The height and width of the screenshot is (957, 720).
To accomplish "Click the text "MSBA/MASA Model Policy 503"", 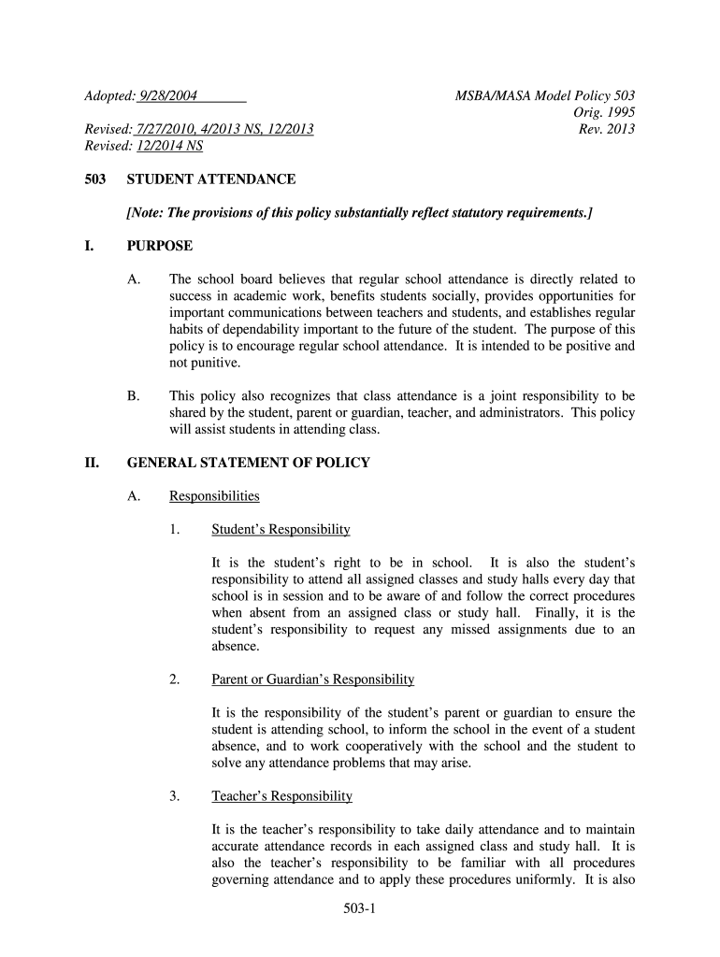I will click(x=545, y=95).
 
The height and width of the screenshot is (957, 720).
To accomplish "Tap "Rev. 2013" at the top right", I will click(x=607, y=129).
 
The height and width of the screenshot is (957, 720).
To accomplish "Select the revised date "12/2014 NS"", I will click(x=168, y=146).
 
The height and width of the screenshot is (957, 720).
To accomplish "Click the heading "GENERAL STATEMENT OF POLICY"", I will click(x=249, y=463).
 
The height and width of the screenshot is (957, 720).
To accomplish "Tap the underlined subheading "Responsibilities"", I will click(x=214, y=496).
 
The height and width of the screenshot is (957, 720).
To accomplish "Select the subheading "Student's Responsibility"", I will click(x=281, y=530).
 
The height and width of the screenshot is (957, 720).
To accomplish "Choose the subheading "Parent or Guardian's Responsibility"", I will click(x=312, y=679).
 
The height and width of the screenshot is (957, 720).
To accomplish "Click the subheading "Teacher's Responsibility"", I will click(x=281, y=796).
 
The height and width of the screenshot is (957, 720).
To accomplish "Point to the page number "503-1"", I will click(x=359, y=908).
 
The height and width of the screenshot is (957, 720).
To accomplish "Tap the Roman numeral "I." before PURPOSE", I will click(x=89, y=246).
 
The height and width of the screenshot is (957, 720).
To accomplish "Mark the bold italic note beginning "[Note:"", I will click(x=360, y=213).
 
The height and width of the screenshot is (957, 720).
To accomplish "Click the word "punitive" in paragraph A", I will click(x=213, y=364).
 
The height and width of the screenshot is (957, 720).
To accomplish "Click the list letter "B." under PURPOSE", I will click(x=133, y=396).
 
